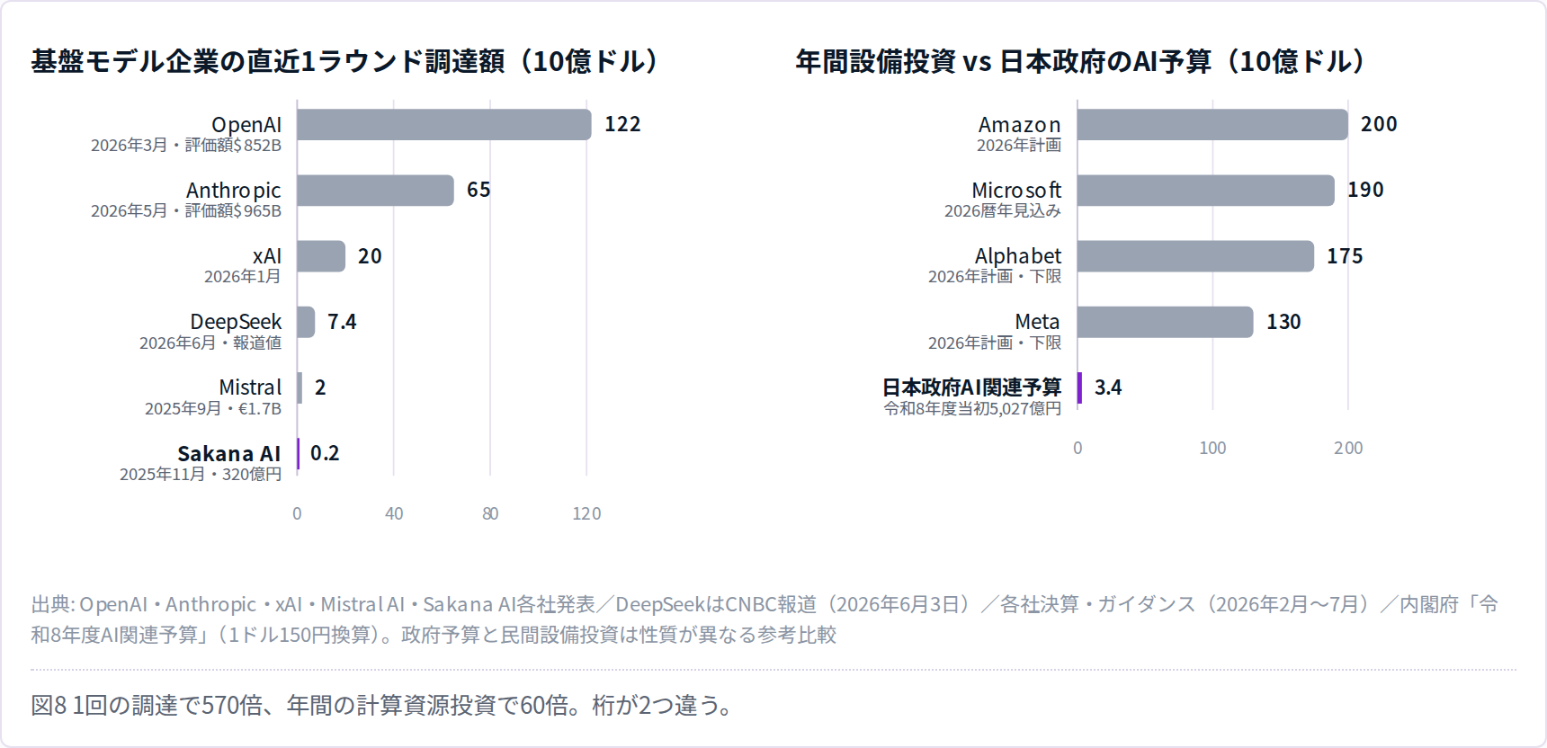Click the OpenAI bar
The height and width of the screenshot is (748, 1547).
444,125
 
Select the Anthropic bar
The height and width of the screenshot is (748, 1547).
376,191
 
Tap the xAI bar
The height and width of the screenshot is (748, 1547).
321,256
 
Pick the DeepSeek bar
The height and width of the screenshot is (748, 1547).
306,322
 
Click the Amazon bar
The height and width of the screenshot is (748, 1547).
1212,125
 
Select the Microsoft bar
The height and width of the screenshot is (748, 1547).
1206,191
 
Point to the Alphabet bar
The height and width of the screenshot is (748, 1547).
1195,256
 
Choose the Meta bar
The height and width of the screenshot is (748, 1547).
1166,322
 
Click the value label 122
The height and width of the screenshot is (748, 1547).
622,124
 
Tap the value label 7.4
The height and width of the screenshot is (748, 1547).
342,322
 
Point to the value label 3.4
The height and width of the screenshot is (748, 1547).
1108,387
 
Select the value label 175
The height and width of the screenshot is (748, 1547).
1345,256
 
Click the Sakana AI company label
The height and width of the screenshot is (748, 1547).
229,453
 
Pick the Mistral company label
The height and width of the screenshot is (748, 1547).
250,387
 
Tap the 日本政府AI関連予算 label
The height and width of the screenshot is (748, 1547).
971,387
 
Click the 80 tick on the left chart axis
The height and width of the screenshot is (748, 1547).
490,513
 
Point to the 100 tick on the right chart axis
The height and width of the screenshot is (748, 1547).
1212,448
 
